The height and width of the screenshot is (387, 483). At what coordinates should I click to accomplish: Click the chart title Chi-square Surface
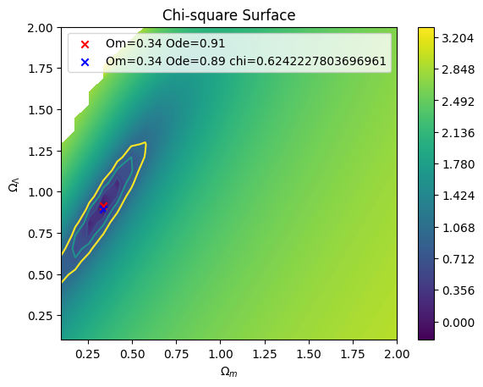(229, 15)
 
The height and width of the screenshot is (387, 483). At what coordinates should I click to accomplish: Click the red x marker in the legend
(85, 44)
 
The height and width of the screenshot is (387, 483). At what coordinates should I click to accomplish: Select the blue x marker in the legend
(85, 63)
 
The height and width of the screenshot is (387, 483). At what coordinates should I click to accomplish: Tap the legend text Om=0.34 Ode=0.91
(166, 43)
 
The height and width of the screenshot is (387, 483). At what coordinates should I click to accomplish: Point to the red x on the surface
(103, 206)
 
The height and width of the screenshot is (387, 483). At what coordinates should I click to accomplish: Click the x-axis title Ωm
(229, 372)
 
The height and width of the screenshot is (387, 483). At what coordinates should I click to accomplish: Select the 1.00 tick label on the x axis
(220, 354)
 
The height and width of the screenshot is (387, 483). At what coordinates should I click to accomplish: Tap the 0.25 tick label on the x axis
(89, 354)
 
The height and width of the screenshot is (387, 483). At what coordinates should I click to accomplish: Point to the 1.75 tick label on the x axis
(353, 354)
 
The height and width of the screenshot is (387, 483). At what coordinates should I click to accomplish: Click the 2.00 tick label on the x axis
(397, 354)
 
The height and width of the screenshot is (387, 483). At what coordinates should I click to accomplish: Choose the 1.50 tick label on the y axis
(40, 110)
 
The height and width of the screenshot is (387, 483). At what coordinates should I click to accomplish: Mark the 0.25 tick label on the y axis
(40, 316)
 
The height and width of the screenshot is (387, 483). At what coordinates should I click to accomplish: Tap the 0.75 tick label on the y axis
(40, 234)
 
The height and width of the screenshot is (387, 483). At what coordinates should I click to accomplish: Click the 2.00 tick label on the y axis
(40, 28)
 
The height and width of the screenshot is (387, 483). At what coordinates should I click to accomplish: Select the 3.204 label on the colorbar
(458, 38)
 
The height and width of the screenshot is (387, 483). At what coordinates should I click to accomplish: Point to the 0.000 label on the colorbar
(458, 323)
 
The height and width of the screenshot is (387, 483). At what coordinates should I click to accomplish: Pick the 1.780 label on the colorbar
(458, 164)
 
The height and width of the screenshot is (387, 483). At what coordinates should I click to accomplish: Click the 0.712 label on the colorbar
(458, 259)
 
